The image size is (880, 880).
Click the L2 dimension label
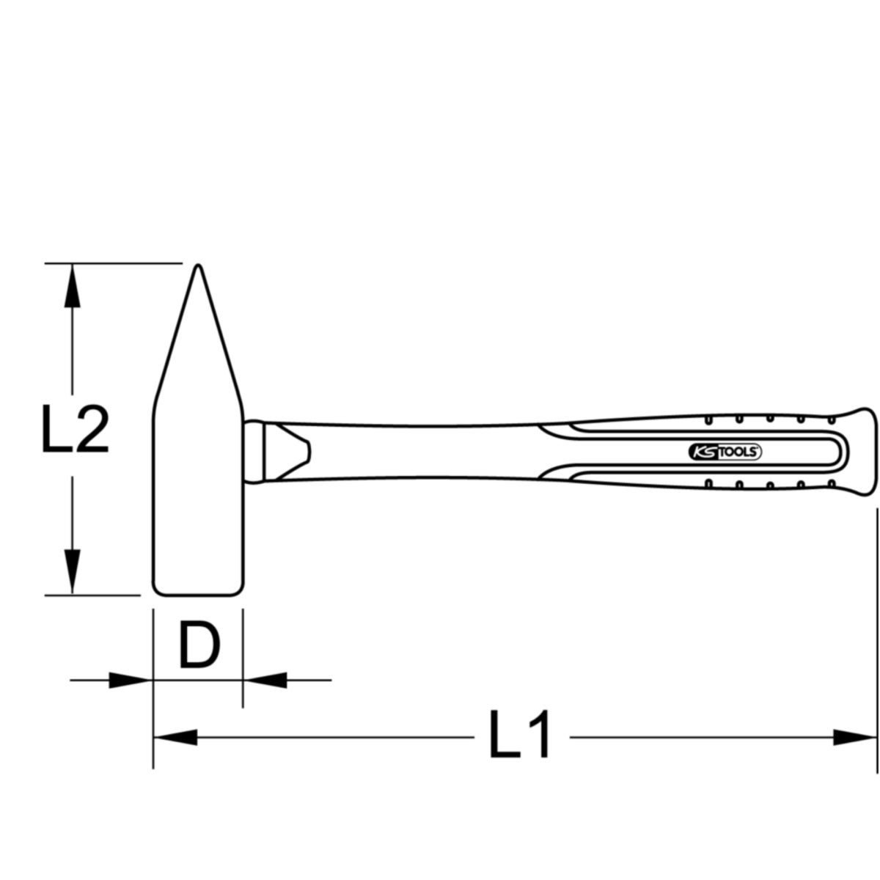76,429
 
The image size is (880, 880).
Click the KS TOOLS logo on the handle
725,452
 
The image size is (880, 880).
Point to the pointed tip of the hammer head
198,265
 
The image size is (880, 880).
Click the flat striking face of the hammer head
198,595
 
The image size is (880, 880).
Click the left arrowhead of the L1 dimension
175,738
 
